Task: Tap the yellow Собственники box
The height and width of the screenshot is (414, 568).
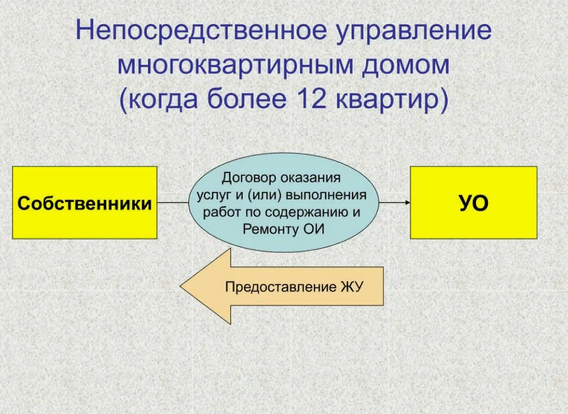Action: tap(85, 203)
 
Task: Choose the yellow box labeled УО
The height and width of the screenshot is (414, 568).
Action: tap(473, 203)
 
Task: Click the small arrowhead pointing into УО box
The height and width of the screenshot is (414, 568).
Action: tap(407, 203)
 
